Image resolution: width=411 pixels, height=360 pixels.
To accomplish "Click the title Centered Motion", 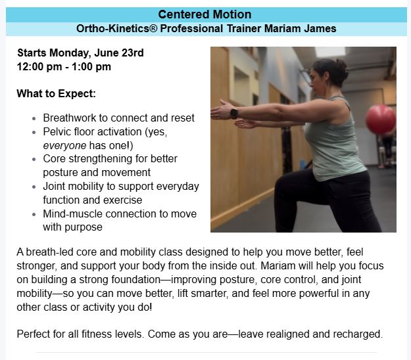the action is pyautogui.click(x=205, y=14).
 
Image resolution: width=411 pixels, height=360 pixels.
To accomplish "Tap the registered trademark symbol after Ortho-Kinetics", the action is pyautogui.click(x=153, y=28).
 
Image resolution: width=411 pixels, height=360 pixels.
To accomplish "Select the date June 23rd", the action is pyautogui.click(x=119, y=53).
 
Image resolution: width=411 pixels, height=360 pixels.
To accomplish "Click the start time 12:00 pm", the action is pyautogui.click(x=39, y=67).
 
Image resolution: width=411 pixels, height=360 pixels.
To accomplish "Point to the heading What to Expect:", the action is pyautogui.click(x=56, y=93).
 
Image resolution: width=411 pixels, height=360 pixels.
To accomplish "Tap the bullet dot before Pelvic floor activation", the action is pyautogui.click(x=34, y=132).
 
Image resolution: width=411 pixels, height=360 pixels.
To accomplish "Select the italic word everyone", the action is pyautogui.click(x=64, y=146).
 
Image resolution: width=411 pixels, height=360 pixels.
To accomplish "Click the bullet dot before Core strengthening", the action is pyautogui.click(x=34, y=159).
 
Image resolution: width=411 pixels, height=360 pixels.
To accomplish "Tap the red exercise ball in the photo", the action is pyautogui.click(x=380, y=120).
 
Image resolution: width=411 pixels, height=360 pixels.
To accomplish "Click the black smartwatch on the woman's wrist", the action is pyautogui.click(x=234, y=114).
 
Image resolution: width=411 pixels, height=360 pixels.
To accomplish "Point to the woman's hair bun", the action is pyautogui.click(x=342, y=66).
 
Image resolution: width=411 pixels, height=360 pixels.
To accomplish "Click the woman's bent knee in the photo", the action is pyautogui.click(x=281, y=184).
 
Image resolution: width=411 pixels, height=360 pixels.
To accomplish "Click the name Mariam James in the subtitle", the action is pyautogui.click(x=300, y=28).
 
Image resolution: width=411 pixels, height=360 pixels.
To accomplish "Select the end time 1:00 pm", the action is pyautogui.click(x=91, y=67).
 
